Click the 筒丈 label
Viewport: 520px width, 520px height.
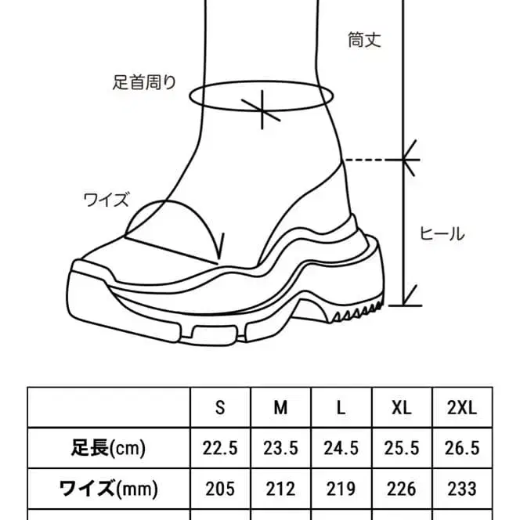364,39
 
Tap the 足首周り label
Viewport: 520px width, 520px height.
144,82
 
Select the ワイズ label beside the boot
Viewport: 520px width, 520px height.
106,199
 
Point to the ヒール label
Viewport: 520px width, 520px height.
442,233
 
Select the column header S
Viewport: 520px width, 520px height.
219,408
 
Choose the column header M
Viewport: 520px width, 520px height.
280,408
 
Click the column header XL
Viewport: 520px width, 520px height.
402,408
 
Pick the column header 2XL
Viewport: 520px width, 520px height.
462,408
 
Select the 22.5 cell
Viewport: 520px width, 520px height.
219,448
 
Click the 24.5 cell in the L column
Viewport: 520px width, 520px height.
341,448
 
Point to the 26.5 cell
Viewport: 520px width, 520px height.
462,448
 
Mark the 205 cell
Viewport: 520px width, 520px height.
219,489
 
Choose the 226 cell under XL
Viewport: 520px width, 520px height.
402,489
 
